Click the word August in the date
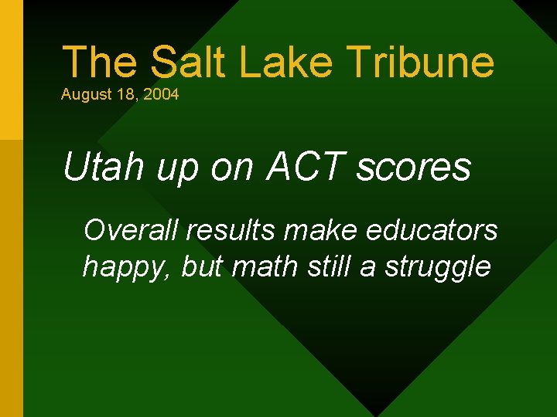84,96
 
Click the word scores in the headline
413,168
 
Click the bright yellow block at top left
11,69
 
